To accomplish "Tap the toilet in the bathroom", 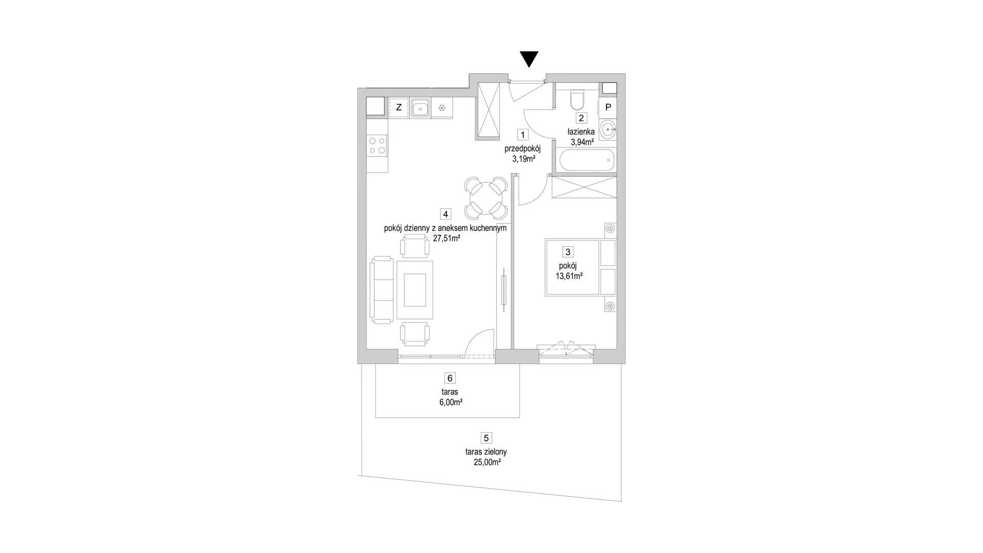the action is pyautogui.click(x=576, y=100).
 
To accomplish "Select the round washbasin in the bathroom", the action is pyautogui.click(x=608, y=129).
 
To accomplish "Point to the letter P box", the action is pyautogui.click(x=608, y=107).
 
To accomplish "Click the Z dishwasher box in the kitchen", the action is pyautogui.click(x=399, y=108).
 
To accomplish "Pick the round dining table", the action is pyautogui.click(x=485, y=198).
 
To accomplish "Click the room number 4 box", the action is pyautogui.click(x=446, y=214).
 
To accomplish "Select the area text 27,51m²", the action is pyautogui.click(x=446, y=238).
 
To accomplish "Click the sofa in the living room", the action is pyautogui.click(x=380, y=290).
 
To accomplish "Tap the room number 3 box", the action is pyautogui.click(x=567, y=252).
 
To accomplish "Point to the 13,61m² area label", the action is pyautogui.click(x=569, y=276).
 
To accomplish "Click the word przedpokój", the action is pyautogui.click(x=522, y=148).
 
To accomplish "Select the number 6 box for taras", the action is pyautogui.click(x=450, y=378).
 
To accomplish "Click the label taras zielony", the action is pyautogui.click(x=486, y=452).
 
